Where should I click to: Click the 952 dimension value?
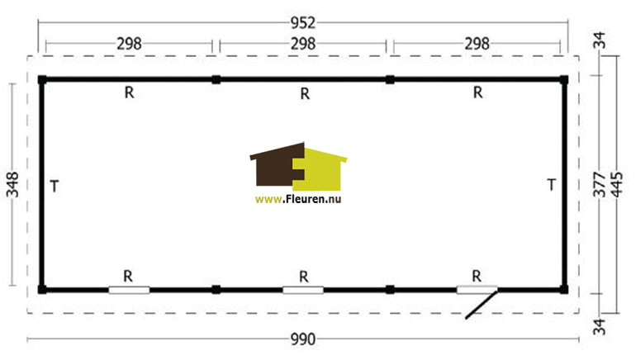tap(303, 22)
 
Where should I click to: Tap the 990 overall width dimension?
tap(303, 339)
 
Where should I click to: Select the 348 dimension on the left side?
tap(12, 184)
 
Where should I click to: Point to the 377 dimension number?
tap(599, 184)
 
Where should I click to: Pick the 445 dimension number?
tap(616, 184)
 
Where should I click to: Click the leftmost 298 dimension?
tap(129, 44)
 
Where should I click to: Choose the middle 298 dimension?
tap(303, 44)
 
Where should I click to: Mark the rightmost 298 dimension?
tap(477, 44)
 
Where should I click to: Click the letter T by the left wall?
tap(55, 187)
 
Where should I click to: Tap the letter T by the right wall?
tap(551, 185)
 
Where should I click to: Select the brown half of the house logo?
tap(278, 164)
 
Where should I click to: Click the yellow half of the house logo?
tap(320, 169)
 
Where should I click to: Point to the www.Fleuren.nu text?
tap(298, 199)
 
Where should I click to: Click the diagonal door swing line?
tap(482, 304)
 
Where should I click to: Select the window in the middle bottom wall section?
tap(303, 290)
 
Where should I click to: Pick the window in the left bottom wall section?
tap(129, 290)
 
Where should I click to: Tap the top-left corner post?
tap(42, 80)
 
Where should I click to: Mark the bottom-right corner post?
tap(563, 290)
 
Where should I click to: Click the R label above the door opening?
tap(477, 277)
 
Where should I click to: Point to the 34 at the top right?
tap(599, 40)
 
